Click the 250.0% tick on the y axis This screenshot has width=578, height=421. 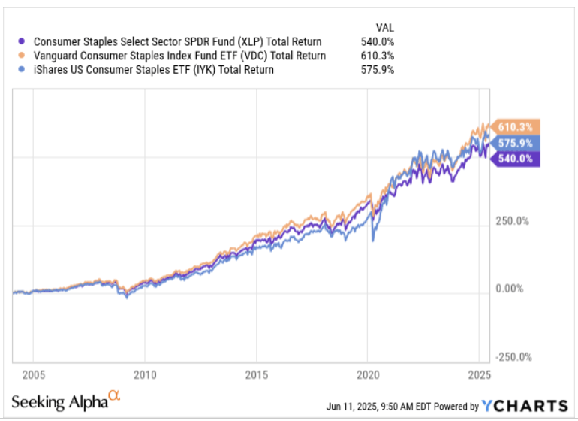tap(513, 222)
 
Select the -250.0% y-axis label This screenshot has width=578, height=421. tap(513, 357)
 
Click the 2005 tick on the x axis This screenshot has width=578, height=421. tap(33, 374)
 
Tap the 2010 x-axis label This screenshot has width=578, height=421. tap(145, 374)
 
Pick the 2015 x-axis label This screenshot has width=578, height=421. tap(257, 374)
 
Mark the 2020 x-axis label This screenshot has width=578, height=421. tap(368, 374)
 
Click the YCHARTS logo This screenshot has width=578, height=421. tap(523, 406)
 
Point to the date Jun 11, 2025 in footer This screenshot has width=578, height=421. tap(357, 407)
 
